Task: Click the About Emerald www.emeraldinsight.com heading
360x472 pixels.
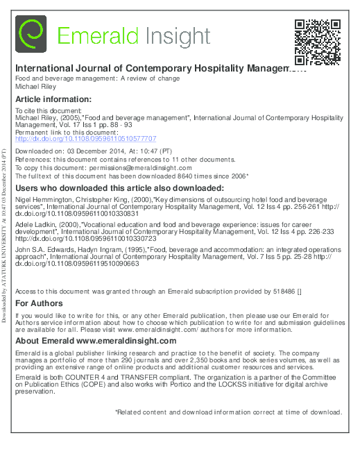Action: [x=96, y=342]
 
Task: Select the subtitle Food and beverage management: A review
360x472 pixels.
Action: [x=97, y=78]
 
